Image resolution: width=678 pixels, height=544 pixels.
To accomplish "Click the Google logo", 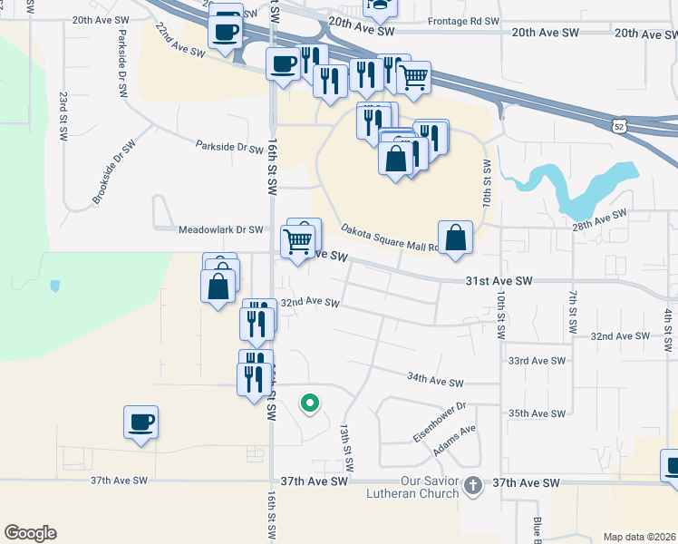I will tap(30, 533).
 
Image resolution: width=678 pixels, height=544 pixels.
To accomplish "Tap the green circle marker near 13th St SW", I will tap(309, 403).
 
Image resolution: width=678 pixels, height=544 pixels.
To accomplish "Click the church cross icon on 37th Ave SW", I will tap(472, 486).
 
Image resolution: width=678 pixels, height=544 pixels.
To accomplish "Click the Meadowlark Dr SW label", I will tap(220, 230).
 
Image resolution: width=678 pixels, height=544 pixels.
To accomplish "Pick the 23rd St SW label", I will tap(63, 114).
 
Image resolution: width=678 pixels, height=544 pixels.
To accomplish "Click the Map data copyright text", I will tap(638, 537).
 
